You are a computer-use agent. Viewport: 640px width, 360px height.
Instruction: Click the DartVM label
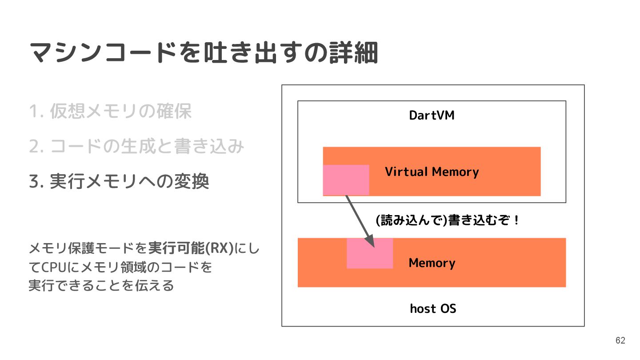coord(432,116)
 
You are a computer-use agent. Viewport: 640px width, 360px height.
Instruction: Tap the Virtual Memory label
coord(432,172)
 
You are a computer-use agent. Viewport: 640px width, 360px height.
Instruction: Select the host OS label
coord(432,308)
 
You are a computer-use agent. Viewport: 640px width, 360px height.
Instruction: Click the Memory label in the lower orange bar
coord(432,263)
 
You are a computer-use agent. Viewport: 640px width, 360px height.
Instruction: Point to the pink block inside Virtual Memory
coord(346,180)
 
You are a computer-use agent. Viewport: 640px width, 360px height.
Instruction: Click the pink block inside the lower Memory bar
coord(370,254)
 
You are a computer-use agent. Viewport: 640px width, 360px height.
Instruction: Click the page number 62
coord(620,340)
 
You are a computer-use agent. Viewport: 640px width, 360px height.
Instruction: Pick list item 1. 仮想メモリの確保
coord(110,111)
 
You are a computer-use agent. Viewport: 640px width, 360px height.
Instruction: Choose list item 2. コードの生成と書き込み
coord(136,147)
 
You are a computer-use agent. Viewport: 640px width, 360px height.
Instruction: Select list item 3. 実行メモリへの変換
coord(119,182)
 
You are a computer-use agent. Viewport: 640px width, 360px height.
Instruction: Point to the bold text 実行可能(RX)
coord(191,248)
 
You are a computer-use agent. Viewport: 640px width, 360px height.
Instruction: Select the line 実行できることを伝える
coord(101,286)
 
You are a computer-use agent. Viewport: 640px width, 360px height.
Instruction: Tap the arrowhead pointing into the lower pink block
coord(370,242)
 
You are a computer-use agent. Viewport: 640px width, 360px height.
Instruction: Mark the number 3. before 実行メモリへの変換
coord(35,182)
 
